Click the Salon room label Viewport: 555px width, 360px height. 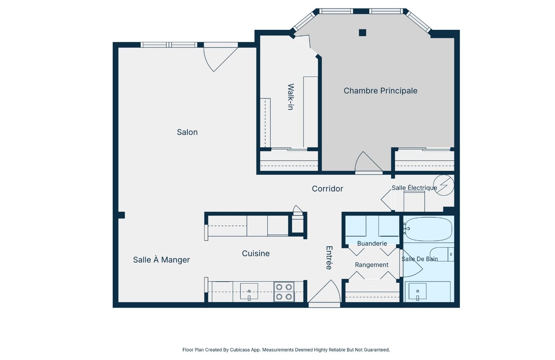click(x=187, y=132)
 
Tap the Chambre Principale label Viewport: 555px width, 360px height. click(x=380, y=91)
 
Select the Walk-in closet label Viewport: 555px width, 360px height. click(x=291, y=97)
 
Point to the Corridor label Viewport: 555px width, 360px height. click(x=327, y=189)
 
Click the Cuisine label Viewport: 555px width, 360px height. click(x=256, y=253)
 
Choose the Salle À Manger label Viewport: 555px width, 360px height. click(x=161, y=259)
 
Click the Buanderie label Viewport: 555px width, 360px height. click(x=372, y=243)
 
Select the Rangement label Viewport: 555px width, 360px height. click(x=372, y=265)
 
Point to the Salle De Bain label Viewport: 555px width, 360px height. click(x=419, y=259)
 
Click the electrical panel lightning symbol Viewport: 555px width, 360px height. click(x=444, y=185)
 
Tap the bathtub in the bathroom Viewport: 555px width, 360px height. click(x=428, y=229)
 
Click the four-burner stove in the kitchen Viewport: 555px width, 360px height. click(x=284, y=292)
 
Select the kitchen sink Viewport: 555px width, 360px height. click(x=249, y=291)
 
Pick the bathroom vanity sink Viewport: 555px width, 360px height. click(x=417, y=291)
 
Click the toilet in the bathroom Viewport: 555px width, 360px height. click(x=442, y=254)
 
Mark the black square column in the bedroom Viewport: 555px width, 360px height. click(x=363, y=33)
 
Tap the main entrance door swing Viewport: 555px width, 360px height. click(x=324, y=291)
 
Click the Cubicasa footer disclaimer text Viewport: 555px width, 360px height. click(x=286, y=350)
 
